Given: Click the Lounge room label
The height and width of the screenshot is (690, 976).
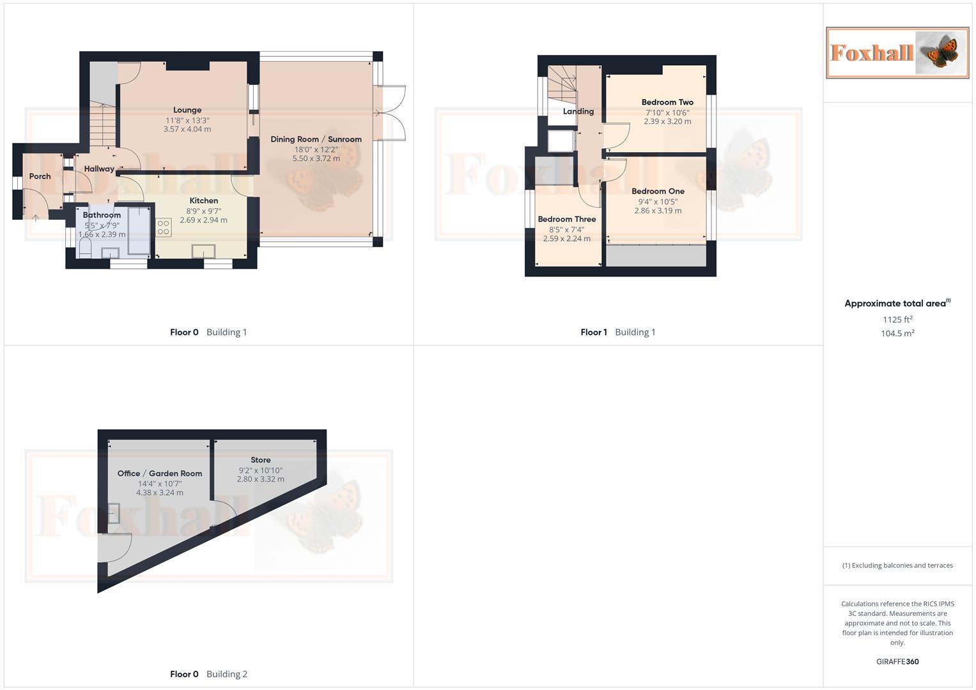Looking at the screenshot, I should coord(187,110).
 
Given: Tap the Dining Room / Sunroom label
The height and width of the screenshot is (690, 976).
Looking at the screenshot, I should coord(316,139).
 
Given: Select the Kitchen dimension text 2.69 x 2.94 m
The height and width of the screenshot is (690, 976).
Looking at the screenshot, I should coord(203,220).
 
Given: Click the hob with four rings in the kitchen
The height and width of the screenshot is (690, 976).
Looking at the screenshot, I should coord(164,227).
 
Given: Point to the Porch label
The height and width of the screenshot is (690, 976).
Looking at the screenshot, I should coord(40,176).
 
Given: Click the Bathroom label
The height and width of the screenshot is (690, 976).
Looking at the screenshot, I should coord(102,215).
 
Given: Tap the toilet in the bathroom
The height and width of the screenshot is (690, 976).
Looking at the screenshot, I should coord(85,248).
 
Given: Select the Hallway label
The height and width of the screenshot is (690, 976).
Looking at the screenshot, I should coord(99,169).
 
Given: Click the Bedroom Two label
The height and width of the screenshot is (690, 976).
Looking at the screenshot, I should coord(667,102).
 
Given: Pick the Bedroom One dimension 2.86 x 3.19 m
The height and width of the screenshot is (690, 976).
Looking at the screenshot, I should coord(658,211).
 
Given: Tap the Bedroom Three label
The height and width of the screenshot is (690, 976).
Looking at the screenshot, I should coord(566,219).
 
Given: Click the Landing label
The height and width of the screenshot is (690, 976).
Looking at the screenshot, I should coord(578,111).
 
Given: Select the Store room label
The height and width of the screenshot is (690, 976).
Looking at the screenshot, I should coord(260,460).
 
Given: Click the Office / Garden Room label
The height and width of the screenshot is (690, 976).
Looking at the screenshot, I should coord(160,473).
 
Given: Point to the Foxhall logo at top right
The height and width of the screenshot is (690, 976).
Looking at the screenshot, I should coord(897,52).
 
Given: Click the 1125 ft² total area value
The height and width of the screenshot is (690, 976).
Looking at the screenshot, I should coord(897,319).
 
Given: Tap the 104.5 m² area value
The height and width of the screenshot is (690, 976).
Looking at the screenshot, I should coord(897,333).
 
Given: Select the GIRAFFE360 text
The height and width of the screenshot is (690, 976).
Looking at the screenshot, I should coord(897,662).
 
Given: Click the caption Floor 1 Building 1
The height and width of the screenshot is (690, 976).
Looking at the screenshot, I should coord(617,332).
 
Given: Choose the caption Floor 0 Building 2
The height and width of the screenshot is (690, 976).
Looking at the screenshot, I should coord(208,674).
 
